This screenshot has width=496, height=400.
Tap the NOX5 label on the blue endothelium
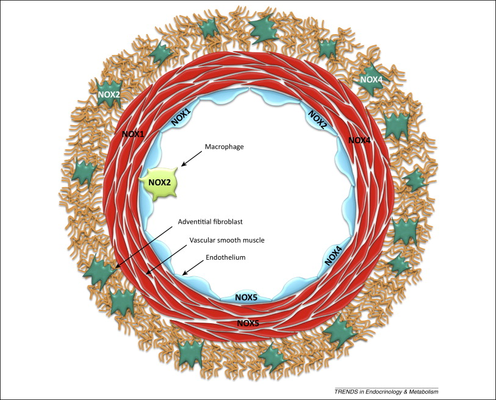(246, 298)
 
